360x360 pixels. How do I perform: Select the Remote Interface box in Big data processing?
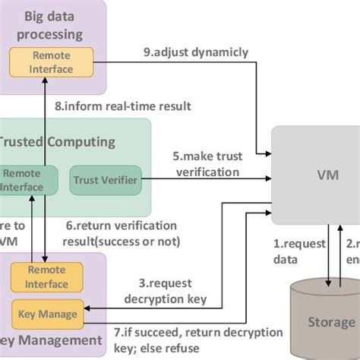(52, 62)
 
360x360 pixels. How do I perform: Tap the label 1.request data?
(292, 251)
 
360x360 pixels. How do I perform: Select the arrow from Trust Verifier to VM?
(197, 180)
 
